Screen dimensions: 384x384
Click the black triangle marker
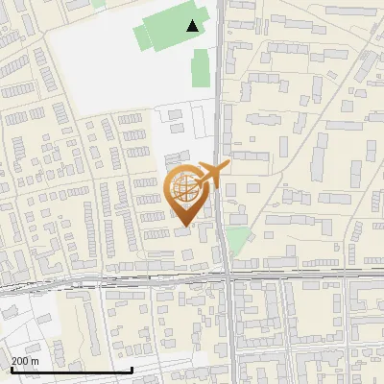(x=194, y=26)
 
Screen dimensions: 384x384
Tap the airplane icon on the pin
(x=212, y=174)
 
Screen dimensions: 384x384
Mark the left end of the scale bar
(x=11, y=370)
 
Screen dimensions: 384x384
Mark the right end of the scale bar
(x=132, y=370)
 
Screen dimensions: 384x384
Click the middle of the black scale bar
(x=71, y=370)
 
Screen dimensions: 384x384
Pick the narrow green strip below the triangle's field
(x=200, y=68)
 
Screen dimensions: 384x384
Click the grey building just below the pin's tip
(x=182, y=232)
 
